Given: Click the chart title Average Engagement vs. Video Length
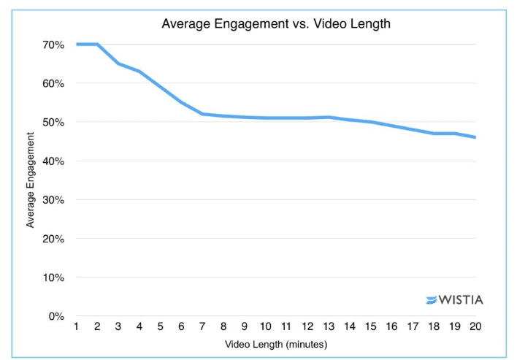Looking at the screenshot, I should point(275,24).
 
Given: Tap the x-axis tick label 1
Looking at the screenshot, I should point(76,326).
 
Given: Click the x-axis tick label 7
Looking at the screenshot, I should point(202,326).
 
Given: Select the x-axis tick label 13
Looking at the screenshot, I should point(329,326).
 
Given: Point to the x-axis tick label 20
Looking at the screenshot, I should point(476,326).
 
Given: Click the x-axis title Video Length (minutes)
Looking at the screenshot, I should point(275,342).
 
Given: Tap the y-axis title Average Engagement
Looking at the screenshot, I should point(31,180).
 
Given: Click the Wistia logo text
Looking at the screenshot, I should point(461,299).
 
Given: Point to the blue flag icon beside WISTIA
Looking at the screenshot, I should point(431,299).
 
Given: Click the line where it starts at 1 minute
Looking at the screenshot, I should point(76,45).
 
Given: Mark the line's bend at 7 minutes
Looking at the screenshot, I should point(202,114).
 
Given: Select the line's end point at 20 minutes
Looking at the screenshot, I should point(476,137).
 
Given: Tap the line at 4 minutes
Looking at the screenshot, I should point(139,71).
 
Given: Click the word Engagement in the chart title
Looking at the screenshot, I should point(243,24).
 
